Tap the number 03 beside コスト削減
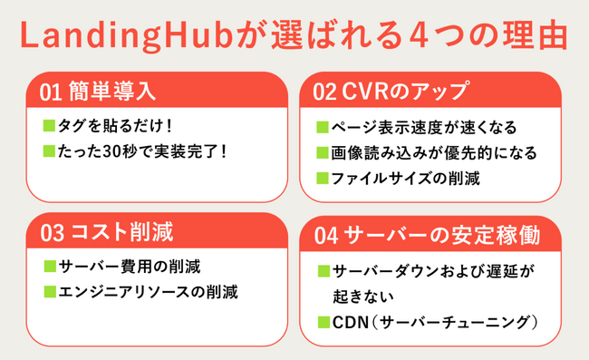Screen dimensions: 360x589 (x=51, y=233)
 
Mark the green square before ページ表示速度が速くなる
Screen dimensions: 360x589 (x=323, y=127)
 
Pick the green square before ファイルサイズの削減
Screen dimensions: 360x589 (x=323, y=178)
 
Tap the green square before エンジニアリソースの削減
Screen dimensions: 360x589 (x=49, y=292)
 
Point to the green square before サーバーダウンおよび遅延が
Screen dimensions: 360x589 (x=323, y=270)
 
